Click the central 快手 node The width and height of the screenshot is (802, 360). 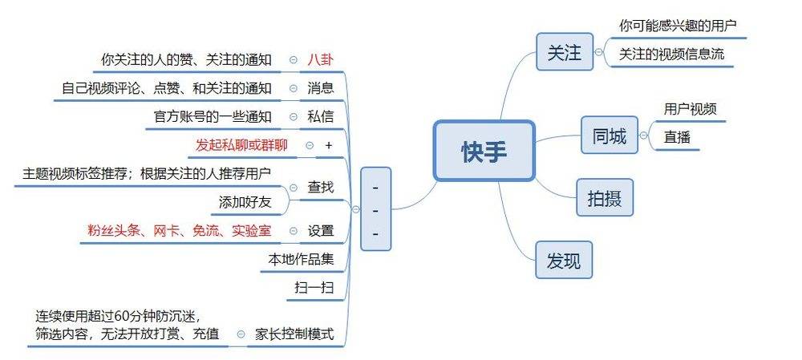[x=484, y=151]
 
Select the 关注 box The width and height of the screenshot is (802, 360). [x=565, y=51]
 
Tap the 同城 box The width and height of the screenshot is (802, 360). [x=610, y=136]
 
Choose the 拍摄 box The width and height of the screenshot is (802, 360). [x=605, y=197]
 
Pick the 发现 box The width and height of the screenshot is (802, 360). [x=564, y=260]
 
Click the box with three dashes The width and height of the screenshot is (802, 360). [x=376, y=208]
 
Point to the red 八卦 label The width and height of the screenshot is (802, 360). [x=320, y=60]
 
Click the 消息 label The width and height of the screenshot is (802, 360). [x=320, y=88]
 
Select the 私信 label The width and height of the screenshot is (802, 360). [x=320, y=116]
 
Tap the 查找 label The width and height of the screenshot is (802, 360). [x=320, y=188]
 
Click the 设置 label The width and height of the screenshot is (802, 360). [x=320, y=231]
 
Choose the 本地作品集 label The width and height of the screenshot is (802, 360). [x=301, y=259]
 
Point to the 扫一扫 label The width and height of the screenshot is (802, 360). [x=314, y=289]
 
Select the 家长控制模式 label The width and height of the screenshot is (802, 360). [x=294, y=334]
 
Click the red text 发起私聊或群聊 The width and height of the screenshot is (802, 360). [x=241, y=145]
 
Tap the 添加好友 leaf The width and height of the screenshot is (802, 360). [x=245, y=203]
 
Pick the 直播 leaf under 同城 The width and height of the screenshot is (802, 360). [x=677, y=138]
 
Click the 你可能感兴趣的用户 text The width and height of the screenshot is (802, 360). [x=678, y=26]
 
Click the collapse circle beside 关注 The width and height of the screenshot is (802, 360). [x=598, y=52]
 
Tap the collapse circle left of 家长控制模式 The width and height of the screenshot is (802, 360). [x=241, y=334]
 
